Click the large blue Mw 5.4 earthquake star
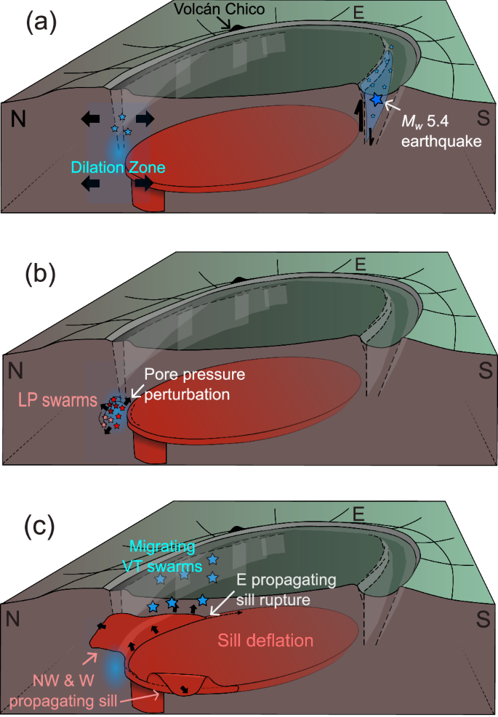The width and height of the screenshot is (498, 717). (x=376, y=99)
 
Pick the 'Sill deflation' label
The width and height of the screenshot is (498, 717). (x=265, y=641)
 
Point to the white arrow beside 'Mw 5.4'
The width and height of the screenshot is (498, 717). (x=391, y=105)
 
